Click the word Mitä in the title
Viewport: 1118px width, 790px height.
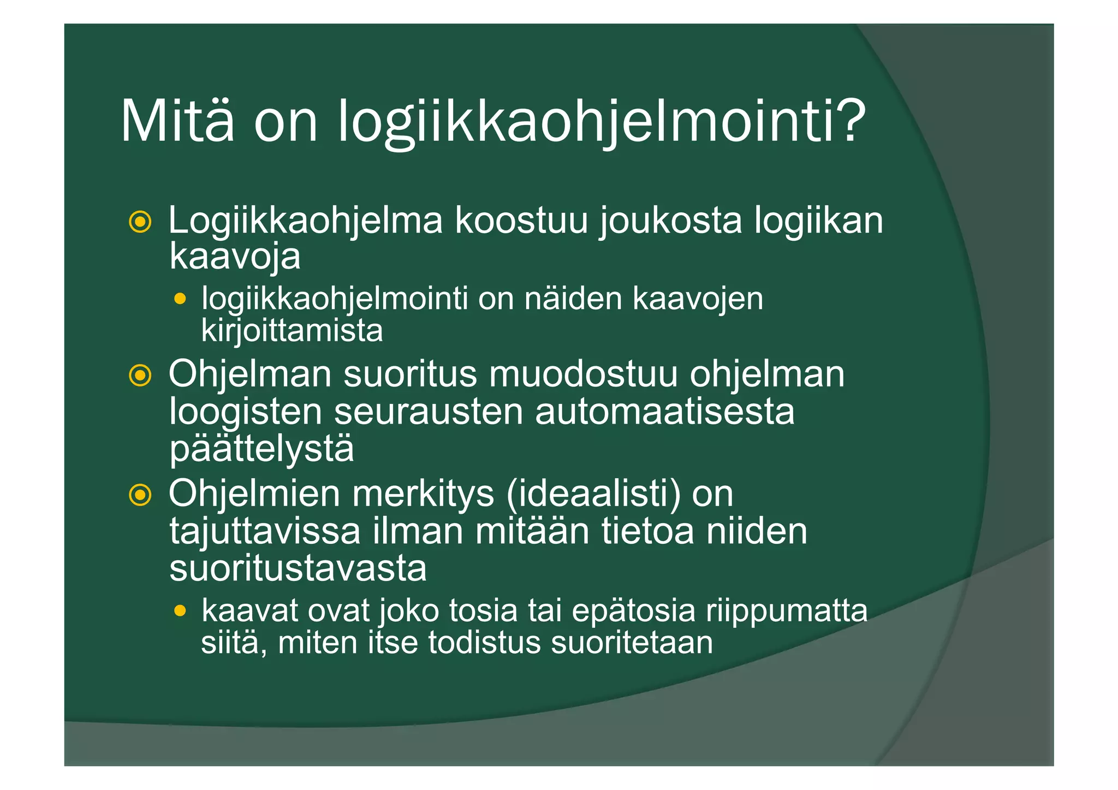[x=177, y=121]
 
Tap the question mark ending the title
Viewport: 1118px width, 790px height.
[x=848, y=121]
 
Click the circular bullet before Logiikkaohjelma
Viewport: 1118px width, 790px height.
[x=140, y=222]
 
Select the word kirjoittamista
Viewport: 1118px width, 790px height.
[x=292, y=330]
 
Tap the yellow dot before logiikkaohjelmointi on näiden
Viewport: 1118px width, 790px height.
[x=180, y=299]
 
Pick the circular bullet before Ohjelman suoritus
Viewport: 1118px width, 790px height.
[x=140, y=375]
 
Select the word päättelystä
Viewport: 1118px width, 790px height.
[x=261, y=449]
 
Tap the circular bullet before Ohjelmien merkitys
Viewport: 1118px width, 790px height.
[x=140, y=495]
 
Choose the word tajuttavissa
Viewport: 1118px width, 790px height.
[x=265, y=531]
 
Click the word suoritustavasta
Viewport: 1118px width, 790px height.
[x=298, y=568]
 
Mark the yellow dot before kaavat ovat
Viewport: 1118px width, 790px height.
[x=180, y=610]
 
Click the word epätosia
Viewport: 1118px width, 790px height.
[x=633, y=610]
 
